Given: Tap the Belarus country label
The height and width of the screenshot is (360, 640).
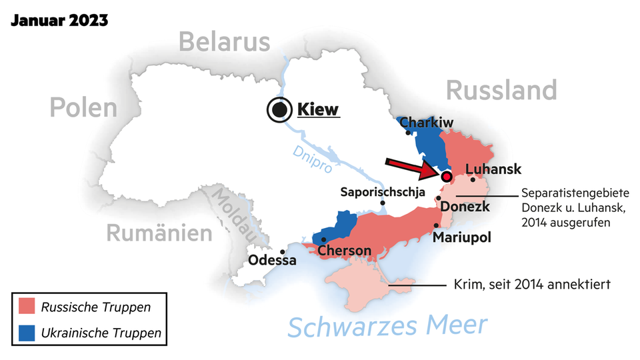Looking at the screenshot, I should click(224, 42).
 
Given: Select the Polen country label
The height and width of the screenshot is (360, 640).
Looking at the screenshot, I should click(83, 107).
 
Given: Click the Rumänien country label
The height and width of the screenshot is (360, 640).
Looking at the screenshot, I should click(159, 233).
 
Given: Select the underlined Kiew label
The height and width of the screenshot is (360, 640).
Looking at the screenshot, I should click(318, 109).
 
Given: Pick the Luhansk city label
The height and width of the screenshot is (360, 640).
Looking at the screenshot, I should click(493, 169).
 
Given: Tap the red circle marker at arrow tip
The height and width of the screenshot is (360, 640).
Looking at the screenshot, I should click(447, 177).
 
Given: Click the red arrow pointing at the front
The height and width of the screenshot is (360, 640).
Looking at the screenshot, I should click(412, 169).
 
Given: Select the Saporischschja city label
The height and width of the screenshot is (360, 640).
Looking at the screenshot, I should click(383, 192).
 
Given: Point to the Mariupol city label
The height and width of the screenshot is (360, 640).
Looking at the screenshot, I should click(461, 237).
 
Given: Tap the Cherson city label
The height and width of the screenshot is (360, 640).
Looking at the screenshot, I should click(344, 251).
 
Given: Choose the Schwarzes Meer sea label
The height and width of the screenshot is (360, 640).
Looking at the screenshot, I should click(387, 327).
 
